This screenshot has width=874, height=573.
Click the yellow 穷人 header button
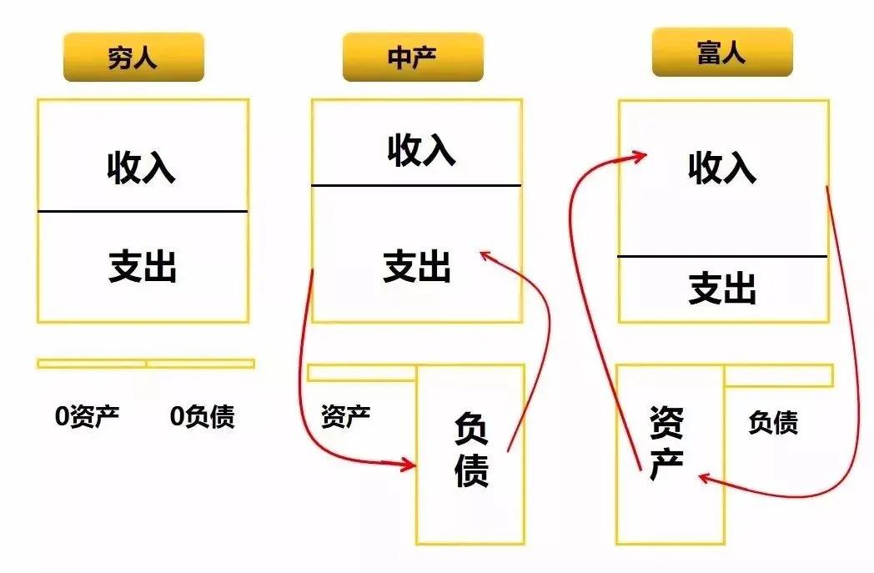click(133, 57)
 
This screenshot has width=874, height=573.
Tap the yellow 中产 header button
click(413, 57)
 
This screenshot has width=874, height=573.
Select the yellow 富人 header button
click(722, 52)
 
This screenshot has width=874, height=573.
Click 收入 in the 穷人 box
click(142, 167)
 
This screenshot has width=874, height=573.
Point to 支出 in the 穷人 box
click(143, 267)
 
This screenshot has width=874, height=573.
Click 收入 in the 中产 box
click(421, 149)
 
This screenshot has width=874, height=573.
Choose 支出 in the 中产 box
click(417, 266)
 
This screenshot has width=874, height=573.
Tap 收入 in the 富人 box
click(722, 167)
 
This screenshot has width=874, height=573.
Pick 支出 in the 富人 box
click(722, 289)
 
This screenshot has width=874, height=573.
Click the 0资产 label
click(88, 416)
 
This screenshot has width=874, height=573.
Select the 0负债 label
click(203, 416)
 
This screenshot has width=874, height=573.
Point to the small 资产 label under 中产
click(345, 416)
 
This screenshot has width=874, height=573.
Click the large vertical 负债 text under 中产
click(471, 450)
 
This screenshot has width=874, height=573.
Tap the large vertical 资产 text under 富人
click(666, 443)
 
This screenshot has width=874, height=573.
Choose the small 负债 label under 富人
click(773, 423)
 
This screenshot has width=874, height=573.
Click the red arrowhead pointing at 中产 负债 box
click(409, 465)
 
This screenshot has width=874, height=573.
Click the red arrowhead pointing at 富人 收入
click(640, 156)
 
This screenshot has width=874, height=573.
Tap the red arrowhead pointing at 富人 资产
click(704, 478)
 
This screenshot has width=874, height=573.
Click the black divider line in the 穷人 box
click(143, 211)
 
